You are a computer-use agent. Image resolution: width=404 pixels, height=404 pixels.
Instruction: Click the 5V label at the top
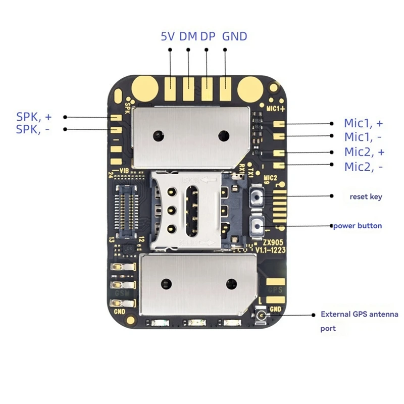(x=168, y=36)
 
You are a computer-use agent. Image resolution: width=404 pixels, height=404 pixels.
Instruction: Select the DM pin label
(x=188, y=36)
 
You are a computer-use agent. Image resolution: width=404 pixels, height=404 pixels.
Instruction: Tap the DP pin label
(x=207, y=36)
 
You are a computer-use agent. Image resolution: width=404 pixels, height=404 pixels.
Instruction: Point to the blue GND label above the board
(x=235, y=36)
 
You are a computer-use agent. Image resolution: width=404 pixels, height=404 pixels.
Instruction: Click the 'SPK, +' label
(x=34, y=117)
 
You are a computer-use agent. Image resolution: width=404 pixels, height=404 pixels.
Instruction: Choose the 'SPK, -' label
(x=34, y=129)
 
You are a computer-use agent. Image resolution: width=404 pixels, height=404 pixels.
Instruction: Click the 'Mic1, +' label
(x=363, y=123)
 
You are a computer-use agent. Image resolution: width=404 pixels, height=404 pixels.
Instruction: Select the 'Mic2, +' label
(x=363, y=152)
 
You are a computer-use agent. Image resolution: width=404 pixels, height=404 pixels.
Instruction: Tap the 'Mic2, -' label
(x=363, y=166)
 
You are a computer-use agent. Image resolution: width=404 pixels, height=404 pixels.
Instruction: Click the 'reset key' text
(x=366, y=196)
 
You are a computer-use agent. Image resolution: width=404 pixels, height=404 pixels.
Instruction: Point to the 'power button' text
(x=358, y=226)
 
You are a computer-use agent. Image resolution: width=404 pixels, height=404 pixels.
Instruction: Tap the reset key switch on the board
(x=257, y=196)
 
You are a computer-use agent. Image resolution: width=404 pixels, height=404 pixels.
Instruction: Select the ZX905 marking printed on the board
(x=266, y=242)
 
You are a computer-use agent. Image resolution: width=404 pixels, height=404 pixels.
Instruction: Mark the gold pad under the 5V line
(x=171, y=88)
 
